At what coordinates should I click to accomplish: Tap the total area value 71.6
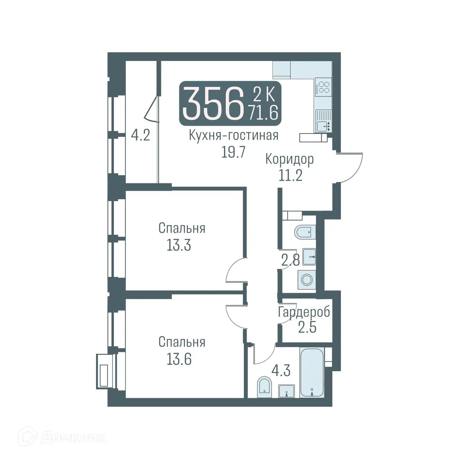(263, 113)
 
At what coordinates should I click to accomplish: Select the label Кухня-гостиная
(233, 135)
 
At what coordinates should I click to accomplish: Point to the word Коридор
(290, 159)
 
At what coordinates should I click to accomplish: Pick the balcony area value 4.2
(140, 136)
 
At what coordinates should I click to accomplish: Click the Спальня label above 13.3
(182, 228)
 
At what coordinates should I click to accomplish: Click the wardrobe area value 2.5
(307, 327)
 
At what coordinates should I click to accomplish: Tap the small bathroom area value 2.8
(290, 261)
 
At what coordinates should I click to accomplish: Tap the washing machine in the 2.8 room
(307, 280)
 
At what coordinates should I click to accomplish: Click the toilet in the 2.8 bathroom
(305, 232)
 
